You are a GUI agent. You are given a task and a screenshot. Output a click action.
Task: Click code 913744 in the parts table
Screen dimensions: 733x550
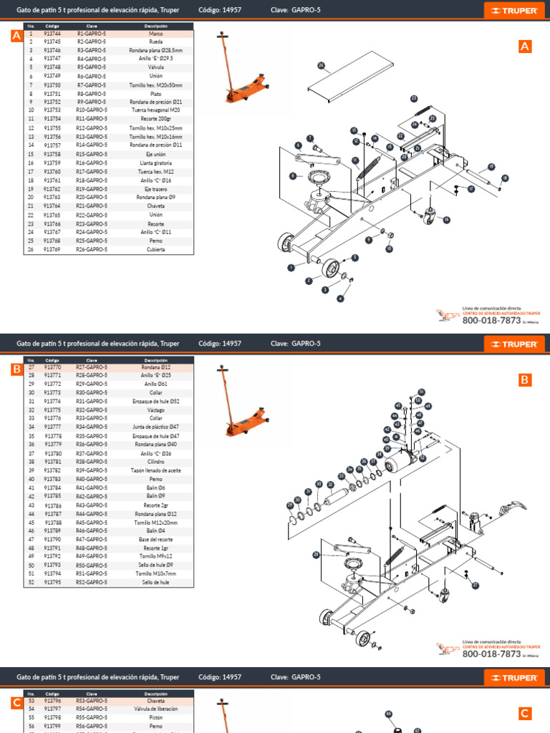(52, 34)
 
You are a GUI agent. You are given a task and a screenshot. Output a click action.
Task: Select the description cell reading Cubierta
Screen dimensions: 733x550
(156, 249)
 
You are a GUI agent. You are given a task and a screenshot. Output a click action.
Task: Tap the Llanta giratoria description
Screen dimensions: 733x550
(156, 162)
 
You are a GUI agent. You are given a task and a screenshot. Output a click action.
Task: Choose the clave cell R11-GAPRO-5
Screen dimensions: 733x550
(92, 119)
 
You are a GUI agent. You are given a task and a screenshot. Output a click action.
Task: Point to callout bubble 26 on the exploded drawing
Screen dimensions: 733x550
(321, 66)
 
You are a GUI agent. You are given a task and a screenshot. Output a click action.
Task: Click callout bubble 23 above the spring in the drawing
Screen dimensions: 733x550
(414, 98)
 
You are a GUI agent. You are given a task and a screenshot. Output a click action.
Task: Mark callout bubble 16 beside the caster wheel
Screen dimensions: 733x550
(447, 220)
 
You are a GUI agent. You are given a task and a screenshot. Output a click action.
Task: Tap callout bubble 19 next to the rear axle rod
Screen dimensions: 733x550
(491, 166)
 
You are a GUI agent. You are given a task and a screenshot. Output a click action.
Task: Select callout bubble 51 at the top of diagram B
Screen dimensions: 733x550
(422, 392)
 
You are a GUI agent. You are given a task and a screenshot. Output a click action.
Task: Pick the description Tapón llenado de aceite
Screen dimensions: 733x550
(156, 470)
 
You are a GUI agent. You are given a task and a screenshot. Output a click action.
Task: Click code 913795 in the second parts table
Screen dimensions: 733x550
(52, 583)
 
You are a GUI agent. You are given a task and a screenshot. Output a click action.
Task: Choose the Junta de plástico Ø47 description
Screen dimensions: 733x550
(156, 427)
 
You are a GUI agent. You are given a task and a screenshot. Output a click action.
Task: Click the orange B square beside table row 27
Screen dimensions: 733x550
(16, 370)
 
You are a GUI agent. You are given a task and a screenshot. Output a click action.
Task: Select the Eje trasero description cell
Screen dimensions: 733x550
(156, 189)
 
